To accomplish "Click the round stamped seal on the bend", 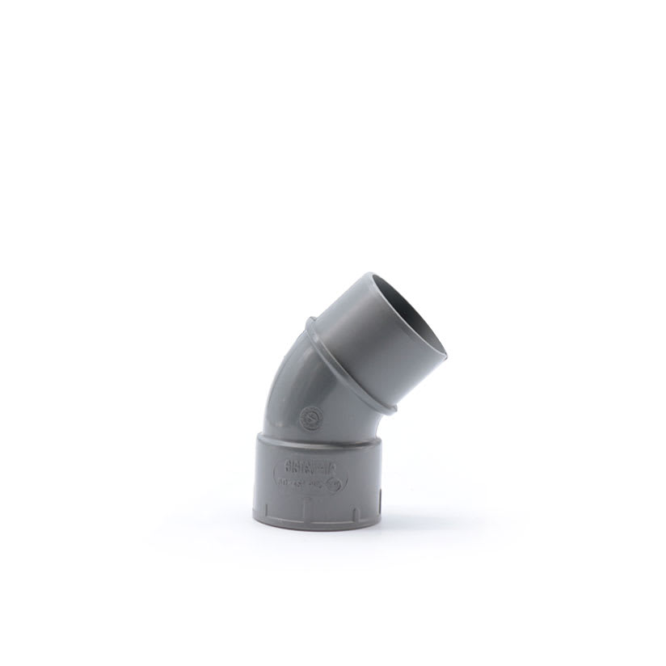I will tap(308, 417).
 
